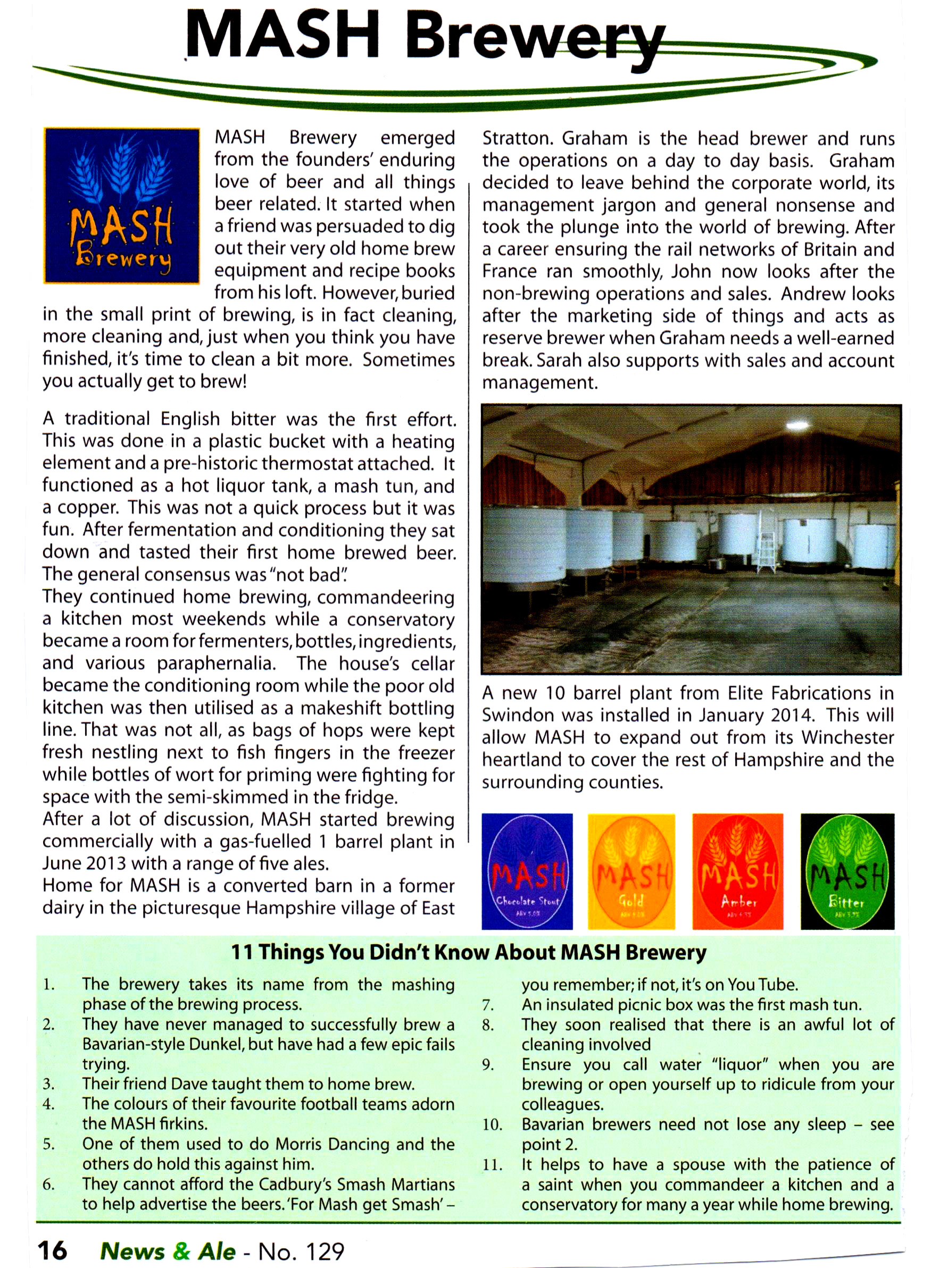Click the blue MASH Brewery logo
click(122, 206)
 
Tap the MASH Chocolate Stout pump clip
click(527, 871)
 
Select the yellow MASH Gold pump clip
click(631, 871)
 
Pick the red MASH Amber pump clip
click(737, 871)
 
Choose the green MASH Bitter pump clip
click(847, 871)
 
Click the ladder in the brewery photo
click(766, 547)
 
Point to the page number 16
click(52, 1250)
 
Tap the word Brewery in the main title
click(534, 39)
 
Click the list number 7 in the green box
click(488, 1005)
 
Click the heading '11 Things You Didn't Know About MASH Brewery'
click(468, 952)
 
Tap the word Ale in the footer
click(217, 1250)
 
